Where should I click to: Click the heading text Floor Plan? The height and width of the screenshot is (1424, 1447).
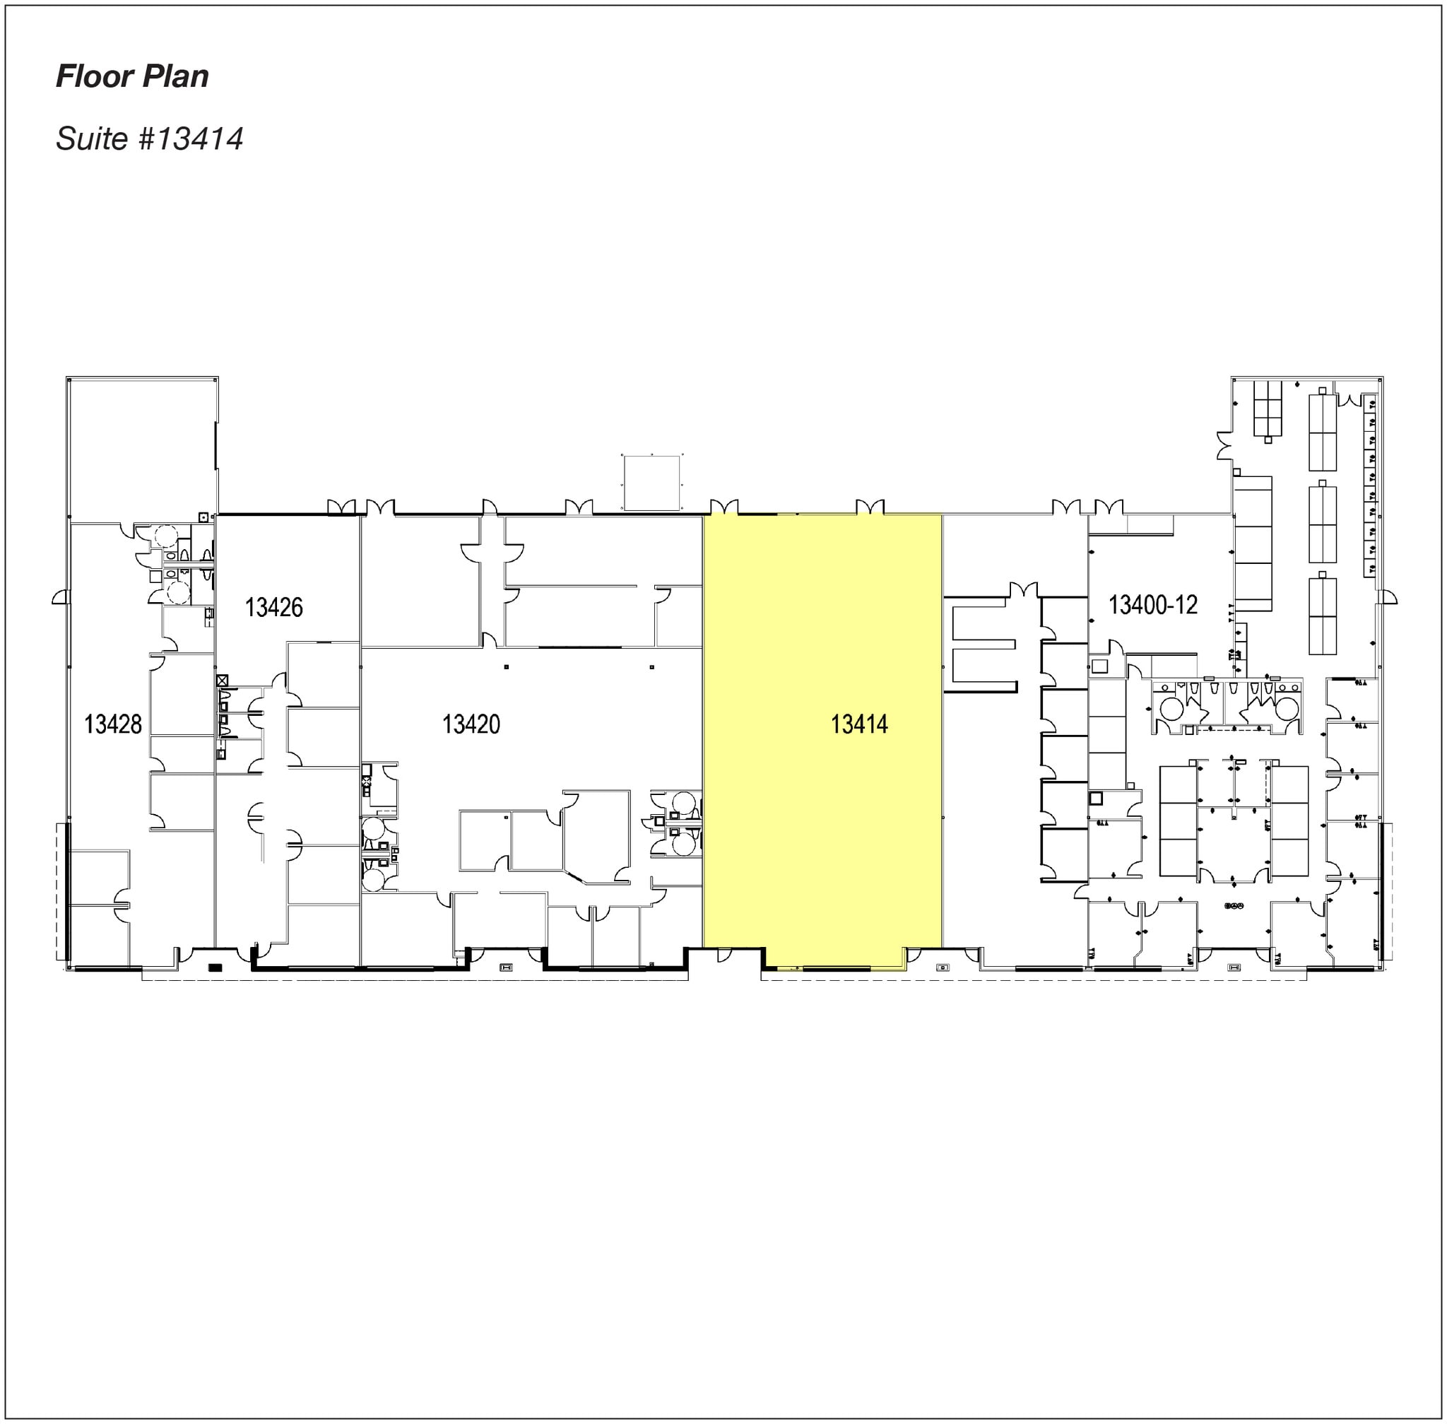pos(132,76)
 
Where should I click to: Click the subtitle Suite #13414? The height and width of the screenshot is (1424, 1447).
pos(150,139)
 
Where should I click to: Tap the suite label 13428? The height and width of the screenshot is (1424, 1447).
pos(113,724)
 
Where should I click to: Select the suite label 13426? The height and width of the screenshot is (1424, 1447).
pos(273,607)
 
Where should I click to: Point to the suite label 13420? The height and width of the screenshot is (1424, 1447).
pos(471,724)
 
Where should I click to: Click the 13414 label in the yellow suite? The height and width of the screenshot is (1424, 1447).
pos(859,724)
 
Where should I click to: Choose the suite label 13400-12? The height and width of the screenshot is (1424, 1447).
pos(1152,604)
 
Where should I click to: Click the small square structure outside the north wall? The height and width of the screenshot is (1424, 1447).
pos(652,483)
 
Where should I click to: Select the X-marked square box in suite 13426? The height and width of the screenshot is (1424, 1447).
pos(222,681)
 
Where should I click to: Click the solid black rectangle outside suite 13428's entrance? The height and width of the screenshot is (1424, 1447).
pos(215,967)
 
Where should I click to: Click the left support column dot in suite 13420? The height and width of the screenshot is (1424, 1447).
pos(507,666)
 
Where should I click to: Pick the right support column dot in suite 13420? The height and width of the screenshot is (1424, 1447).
pos(652,666)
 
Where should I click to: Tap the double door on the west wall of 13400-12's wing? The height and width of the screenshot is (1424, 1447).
pos(1224,446)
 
